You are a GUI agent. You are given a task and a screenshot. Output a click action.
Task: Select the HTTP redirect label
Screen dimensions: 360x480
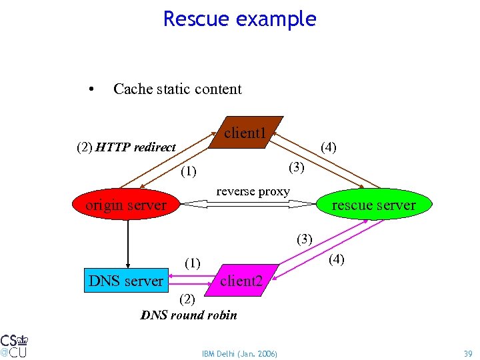point(135,147)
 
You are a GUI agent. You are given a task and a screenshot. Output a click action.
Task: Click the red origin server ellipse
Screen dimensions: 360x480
point(126,205)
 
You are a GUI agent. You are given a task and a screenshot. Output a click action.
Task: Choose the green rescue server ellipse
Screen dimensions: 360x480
point(373,205)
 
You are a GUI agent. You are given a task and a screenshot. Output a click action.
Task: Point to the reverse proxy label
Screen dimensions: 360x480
point(253,191)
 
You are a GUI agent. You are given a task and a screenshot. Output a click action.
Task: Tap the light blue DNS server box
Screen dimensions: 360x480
point(126,281)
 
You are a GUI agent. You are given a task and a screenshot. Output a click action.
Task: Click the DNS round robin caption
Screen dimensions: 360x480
point(189,315)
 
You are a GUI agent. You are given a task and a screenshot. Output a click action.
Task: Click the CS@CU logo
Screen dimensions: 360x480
point(14,344)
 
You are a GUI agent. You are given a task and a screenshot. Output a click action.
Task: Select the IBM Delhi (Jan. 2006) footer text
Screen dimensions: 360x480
point(239,353)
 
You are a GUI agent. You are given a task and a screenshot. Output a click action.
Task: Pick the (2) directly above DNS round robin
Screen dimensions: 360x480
point(187,299)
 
